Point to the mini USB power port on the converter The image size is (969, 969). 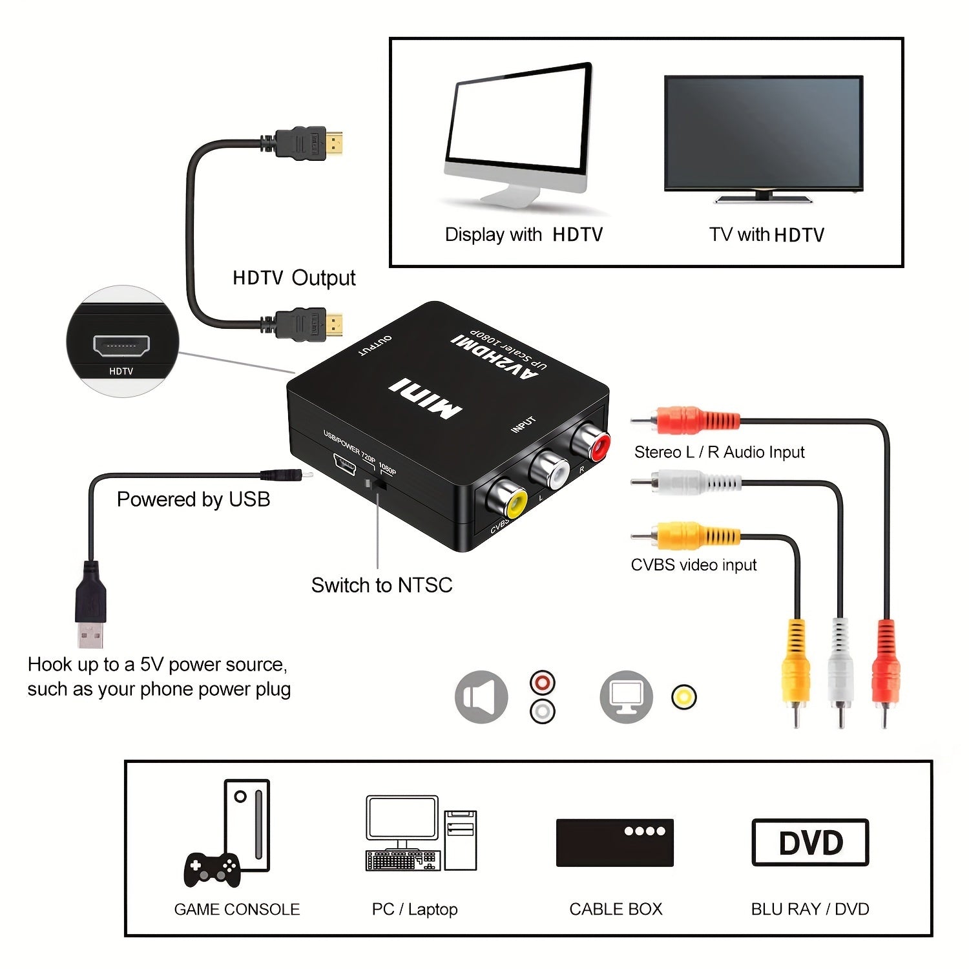pyautogui.click(x=344, y=464)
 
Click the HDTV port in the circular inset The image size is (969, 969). pyautogui.click(x=121, y=346)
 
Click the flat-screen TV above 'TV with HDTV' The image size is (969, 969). pyautogui.click(x=764, y=134)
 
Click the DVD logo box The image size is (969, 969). pyautogui.click(x=810, y=842)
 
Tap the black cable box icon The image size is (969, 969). pyautogui.click(x=614, y=842)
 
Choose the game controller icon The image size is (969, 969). pyautogui.click(x=212, y=869)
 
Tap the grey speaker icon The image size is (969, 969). pyautogui.click(x=481, y=697)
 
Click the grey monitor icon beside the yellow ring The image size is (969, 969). pyautogui.click(x=626, y=697)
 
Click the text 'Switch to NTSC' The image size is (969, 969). pyautogui.click(x=381, y=585)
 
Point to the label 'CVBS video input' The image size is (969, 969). pyautogui.click(x=693, y=565)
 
